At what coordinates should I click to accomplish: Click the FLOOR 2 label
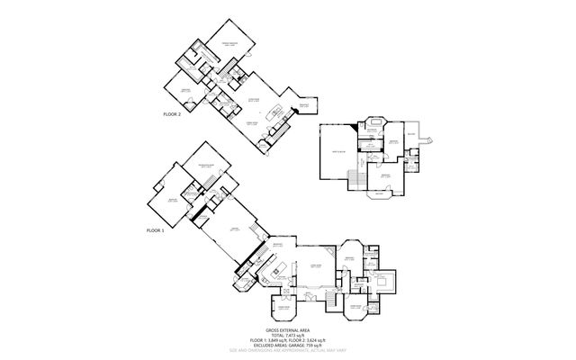coord(172,115)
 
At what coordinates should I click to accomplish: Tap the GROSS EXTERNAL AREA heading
coord(287,330)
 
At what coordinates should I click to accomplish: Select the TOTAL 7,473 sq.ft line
coord(287,336)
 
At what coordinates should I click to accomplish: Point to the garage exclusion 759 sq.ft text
coord(288,345)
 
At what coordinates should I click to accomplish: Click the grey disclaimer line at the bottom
coord(287,350)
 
